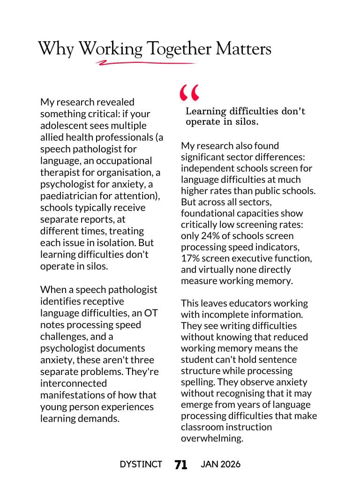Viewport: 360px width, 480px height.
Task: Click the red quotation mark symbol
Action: (x=189, y=93)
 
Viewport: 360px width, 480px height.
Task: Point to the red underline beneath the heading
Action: (x=145, y=62)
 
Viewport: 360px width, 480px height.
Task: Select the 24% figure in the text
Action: (x=207, y=236)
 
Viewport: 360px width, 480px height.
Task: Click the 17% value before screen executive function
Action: (x=190, y=258)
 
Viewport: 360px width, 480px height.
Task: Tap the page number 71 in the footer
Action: (x=181, y=465)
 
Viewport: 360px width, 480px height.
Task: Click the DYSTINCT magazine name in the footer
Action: (x=141, y=465)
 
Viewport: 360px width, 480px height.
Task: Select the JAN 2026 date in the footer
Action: (x=220, y=465)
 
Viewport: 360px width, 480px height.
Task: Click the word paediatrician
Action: (x=69, y=196)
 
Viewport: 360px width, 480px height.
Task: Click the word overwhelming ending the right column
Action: (x=212, y=438)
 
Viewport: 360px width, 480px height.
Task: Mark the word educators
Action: (x=253, y=303)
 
